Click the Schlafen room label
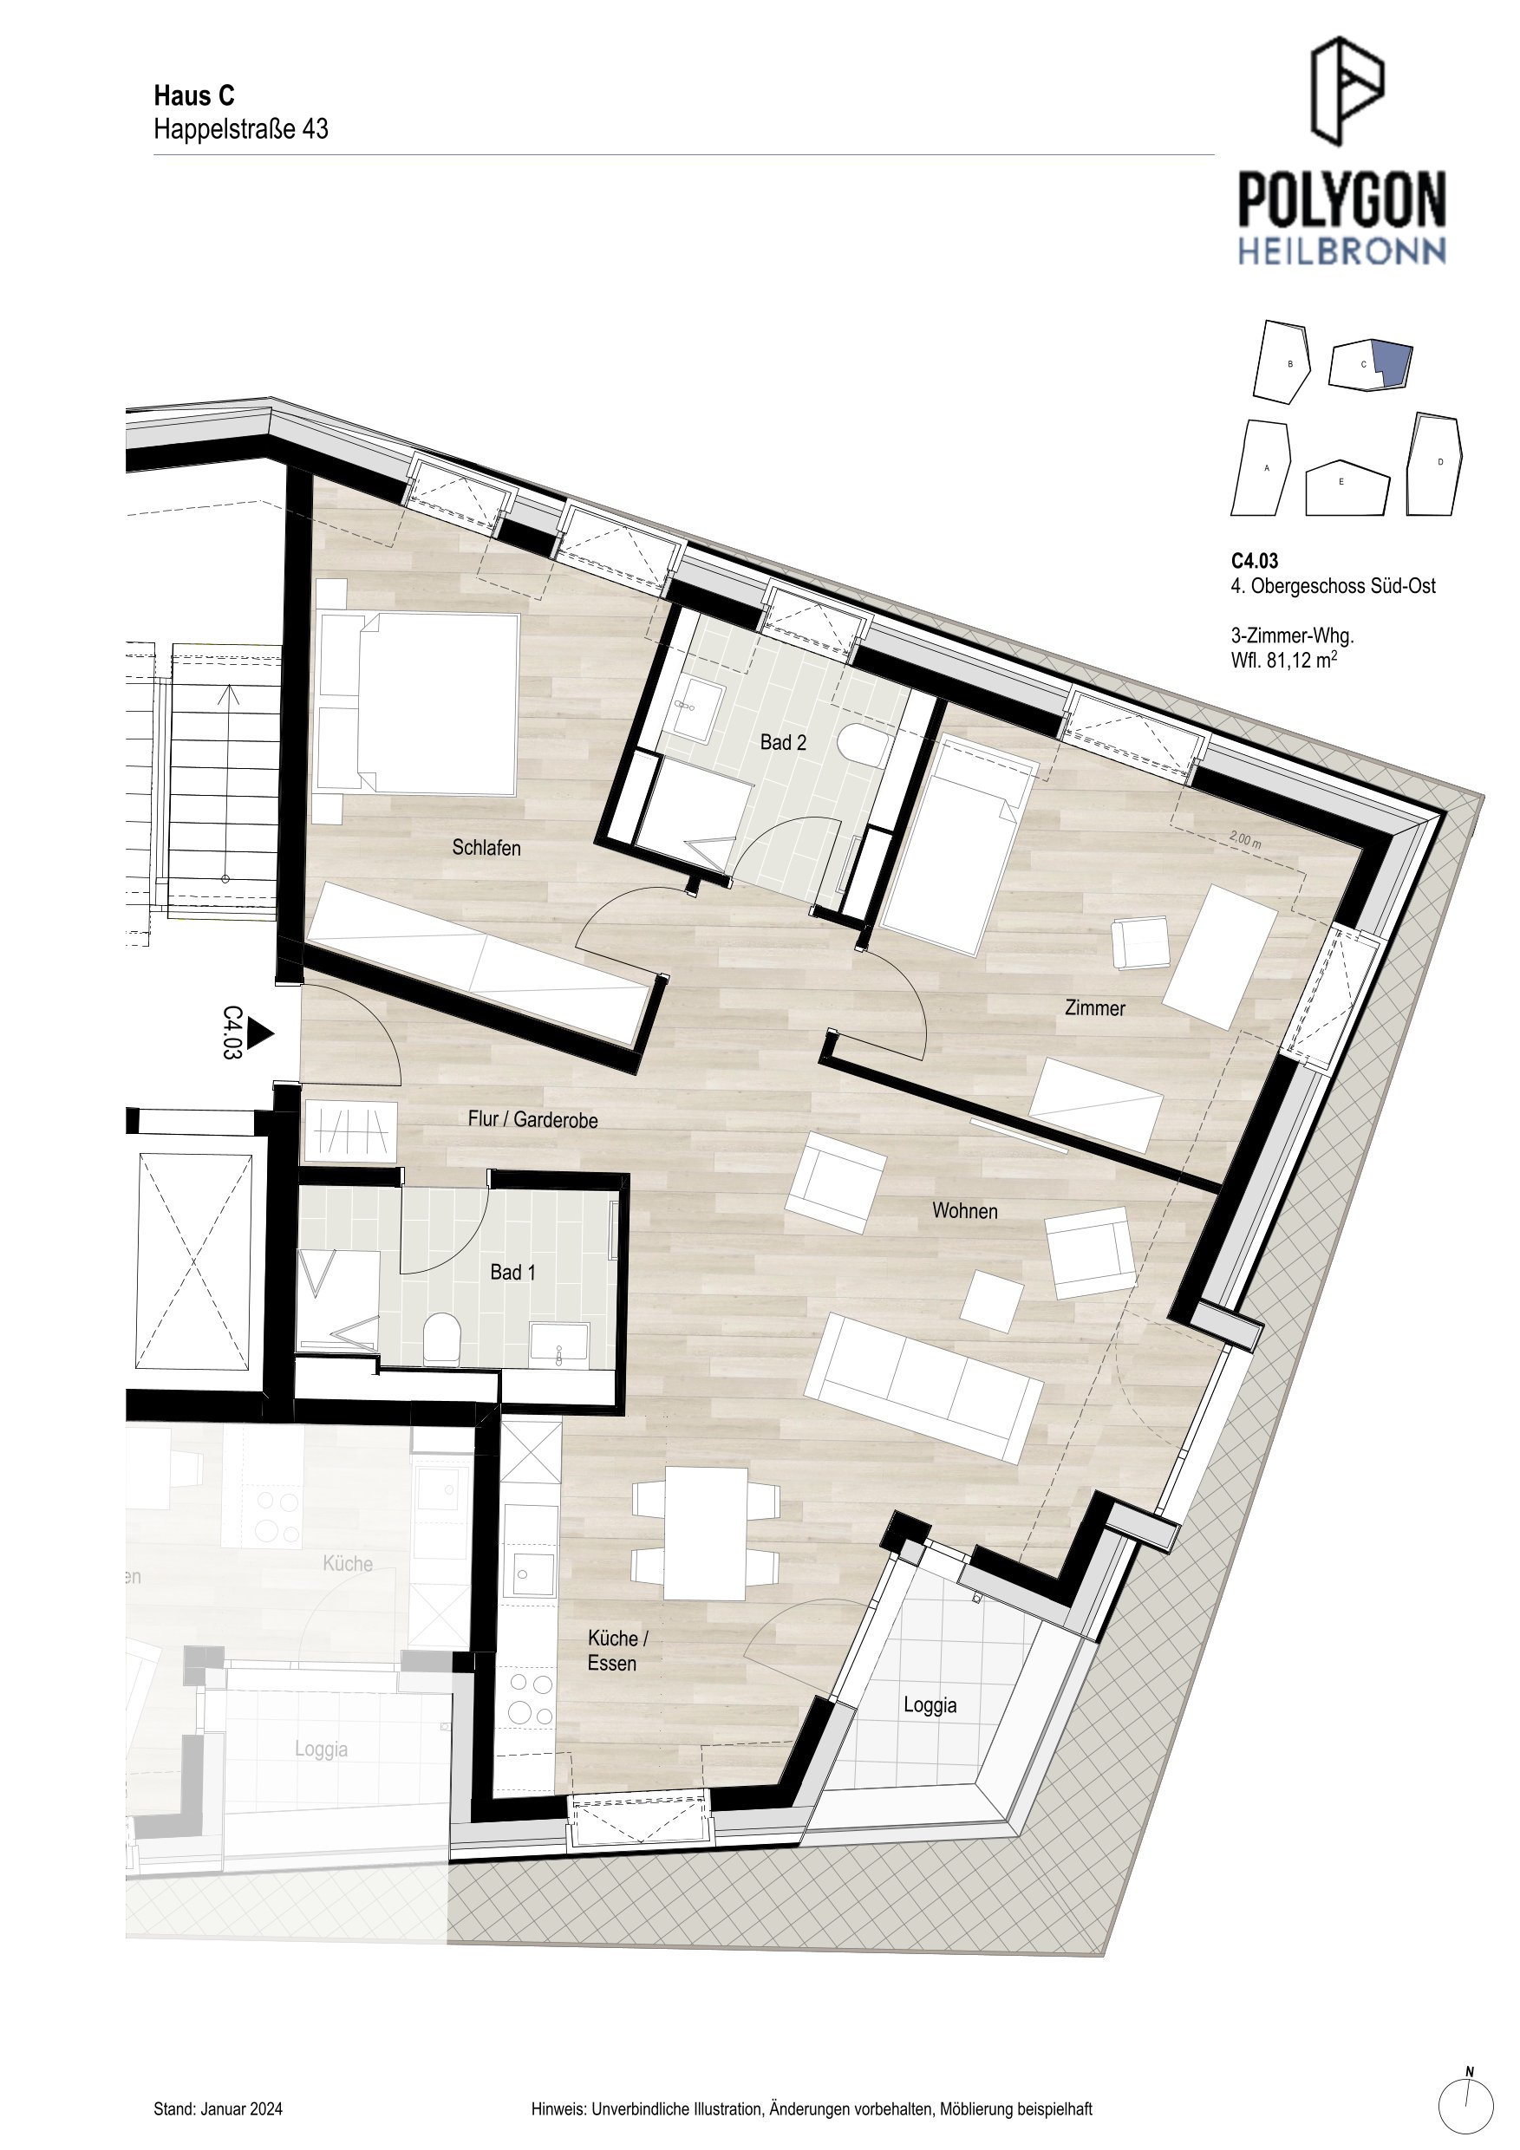pos(486,848)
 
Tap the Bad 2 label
pos(783,743)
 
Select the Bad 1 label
pos(513,1272)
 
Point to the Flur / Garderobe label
pos(533,1119)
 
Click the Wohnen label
pos(965,1211)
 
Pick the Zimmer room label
pos(1095,1007)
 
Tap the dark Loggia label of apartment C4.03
pos(930,1705)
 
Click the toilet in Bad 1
pos(442,1339)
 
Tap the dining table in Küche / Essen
pos(705,1533)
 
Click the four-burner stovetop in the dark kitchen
pos(530,1699)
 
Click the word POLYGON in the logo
pos(1342,199)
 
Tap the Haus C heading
pos(194,95)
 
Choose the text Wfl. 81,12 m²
pos(1284,660)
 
